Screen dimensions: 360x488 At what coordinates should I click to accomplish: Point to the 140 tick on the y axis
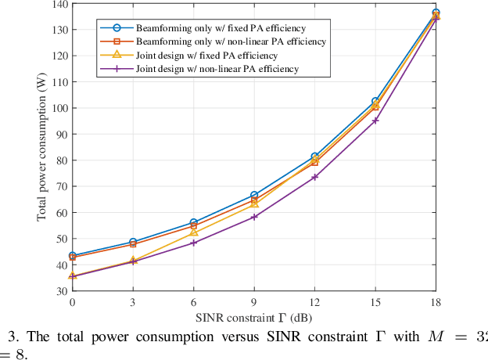click(59, 4)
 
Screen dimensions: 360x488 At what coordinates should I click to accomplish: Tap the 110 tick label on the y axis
click(59, 82)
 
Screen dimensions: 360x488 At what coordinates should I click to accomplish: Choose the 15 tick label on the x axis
click(375, 302)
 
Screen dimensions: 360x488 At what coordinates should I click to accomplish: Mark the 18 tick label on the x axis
click(436, 302)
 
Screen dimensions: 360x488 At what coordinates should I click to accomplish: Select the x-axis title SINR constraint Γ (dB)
click(254, 318)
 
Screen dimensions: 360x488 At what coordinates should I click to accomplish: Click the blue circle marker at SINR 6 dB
click(194, 222)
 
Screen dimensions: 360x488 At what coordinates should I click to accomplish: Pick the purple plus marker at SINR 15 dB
click(375, 121)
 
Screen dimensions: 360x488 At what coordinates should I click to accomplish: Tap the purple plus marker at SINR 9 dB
click(254, 217)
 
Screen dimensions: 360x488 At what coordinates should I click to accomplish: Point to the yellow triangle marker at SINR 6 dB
click(194, 232)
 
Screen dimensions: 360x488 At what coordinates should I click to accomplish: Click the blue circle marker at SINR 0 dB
click(73, 256)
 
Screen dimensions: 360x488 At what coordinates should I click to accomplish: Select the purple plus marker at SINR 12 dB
click(315, 177)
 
